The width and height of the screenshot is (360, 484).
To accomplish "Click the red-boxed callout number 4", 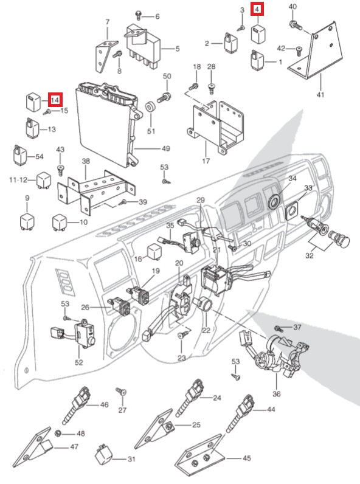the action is [x=257, y=10].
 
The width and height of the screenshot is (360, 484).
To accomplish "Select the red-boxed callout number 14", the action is [x=55, y=100].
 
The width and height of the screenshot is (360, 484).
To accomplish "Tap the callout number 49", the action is [x=166, y=149].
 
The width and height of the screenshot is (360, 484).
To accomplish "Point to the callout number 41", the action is [x=321, y=94].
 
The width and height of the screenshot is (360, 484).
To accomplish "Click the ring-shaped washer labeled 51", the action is [x=150, y=108].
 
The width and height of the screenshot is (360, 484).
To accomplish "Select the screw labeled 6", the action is [x=139, y=15].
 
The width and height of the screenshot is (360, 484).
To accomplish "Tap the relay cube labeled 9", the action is [x=27, y=221].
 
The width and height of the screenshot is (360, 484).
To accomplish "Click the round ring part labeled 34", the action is [x=274, y=201].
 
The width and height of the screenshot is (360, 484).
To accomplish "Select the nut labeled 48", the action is [x=57, y=434].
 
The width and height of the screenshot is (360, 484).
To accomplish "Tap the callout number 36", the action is [x=277, y=394].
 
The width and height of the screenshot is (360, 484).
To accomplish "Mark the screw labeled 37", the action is [x=278, y=328].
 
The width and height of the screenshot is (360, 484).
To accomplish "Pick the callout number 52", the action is [x=79, y=362].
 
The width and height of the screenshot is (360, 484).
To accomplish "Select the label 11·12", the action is [x=18, y=180].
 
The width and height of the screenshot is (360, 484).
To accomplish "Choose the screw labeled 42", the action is [x=299, y=51].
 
